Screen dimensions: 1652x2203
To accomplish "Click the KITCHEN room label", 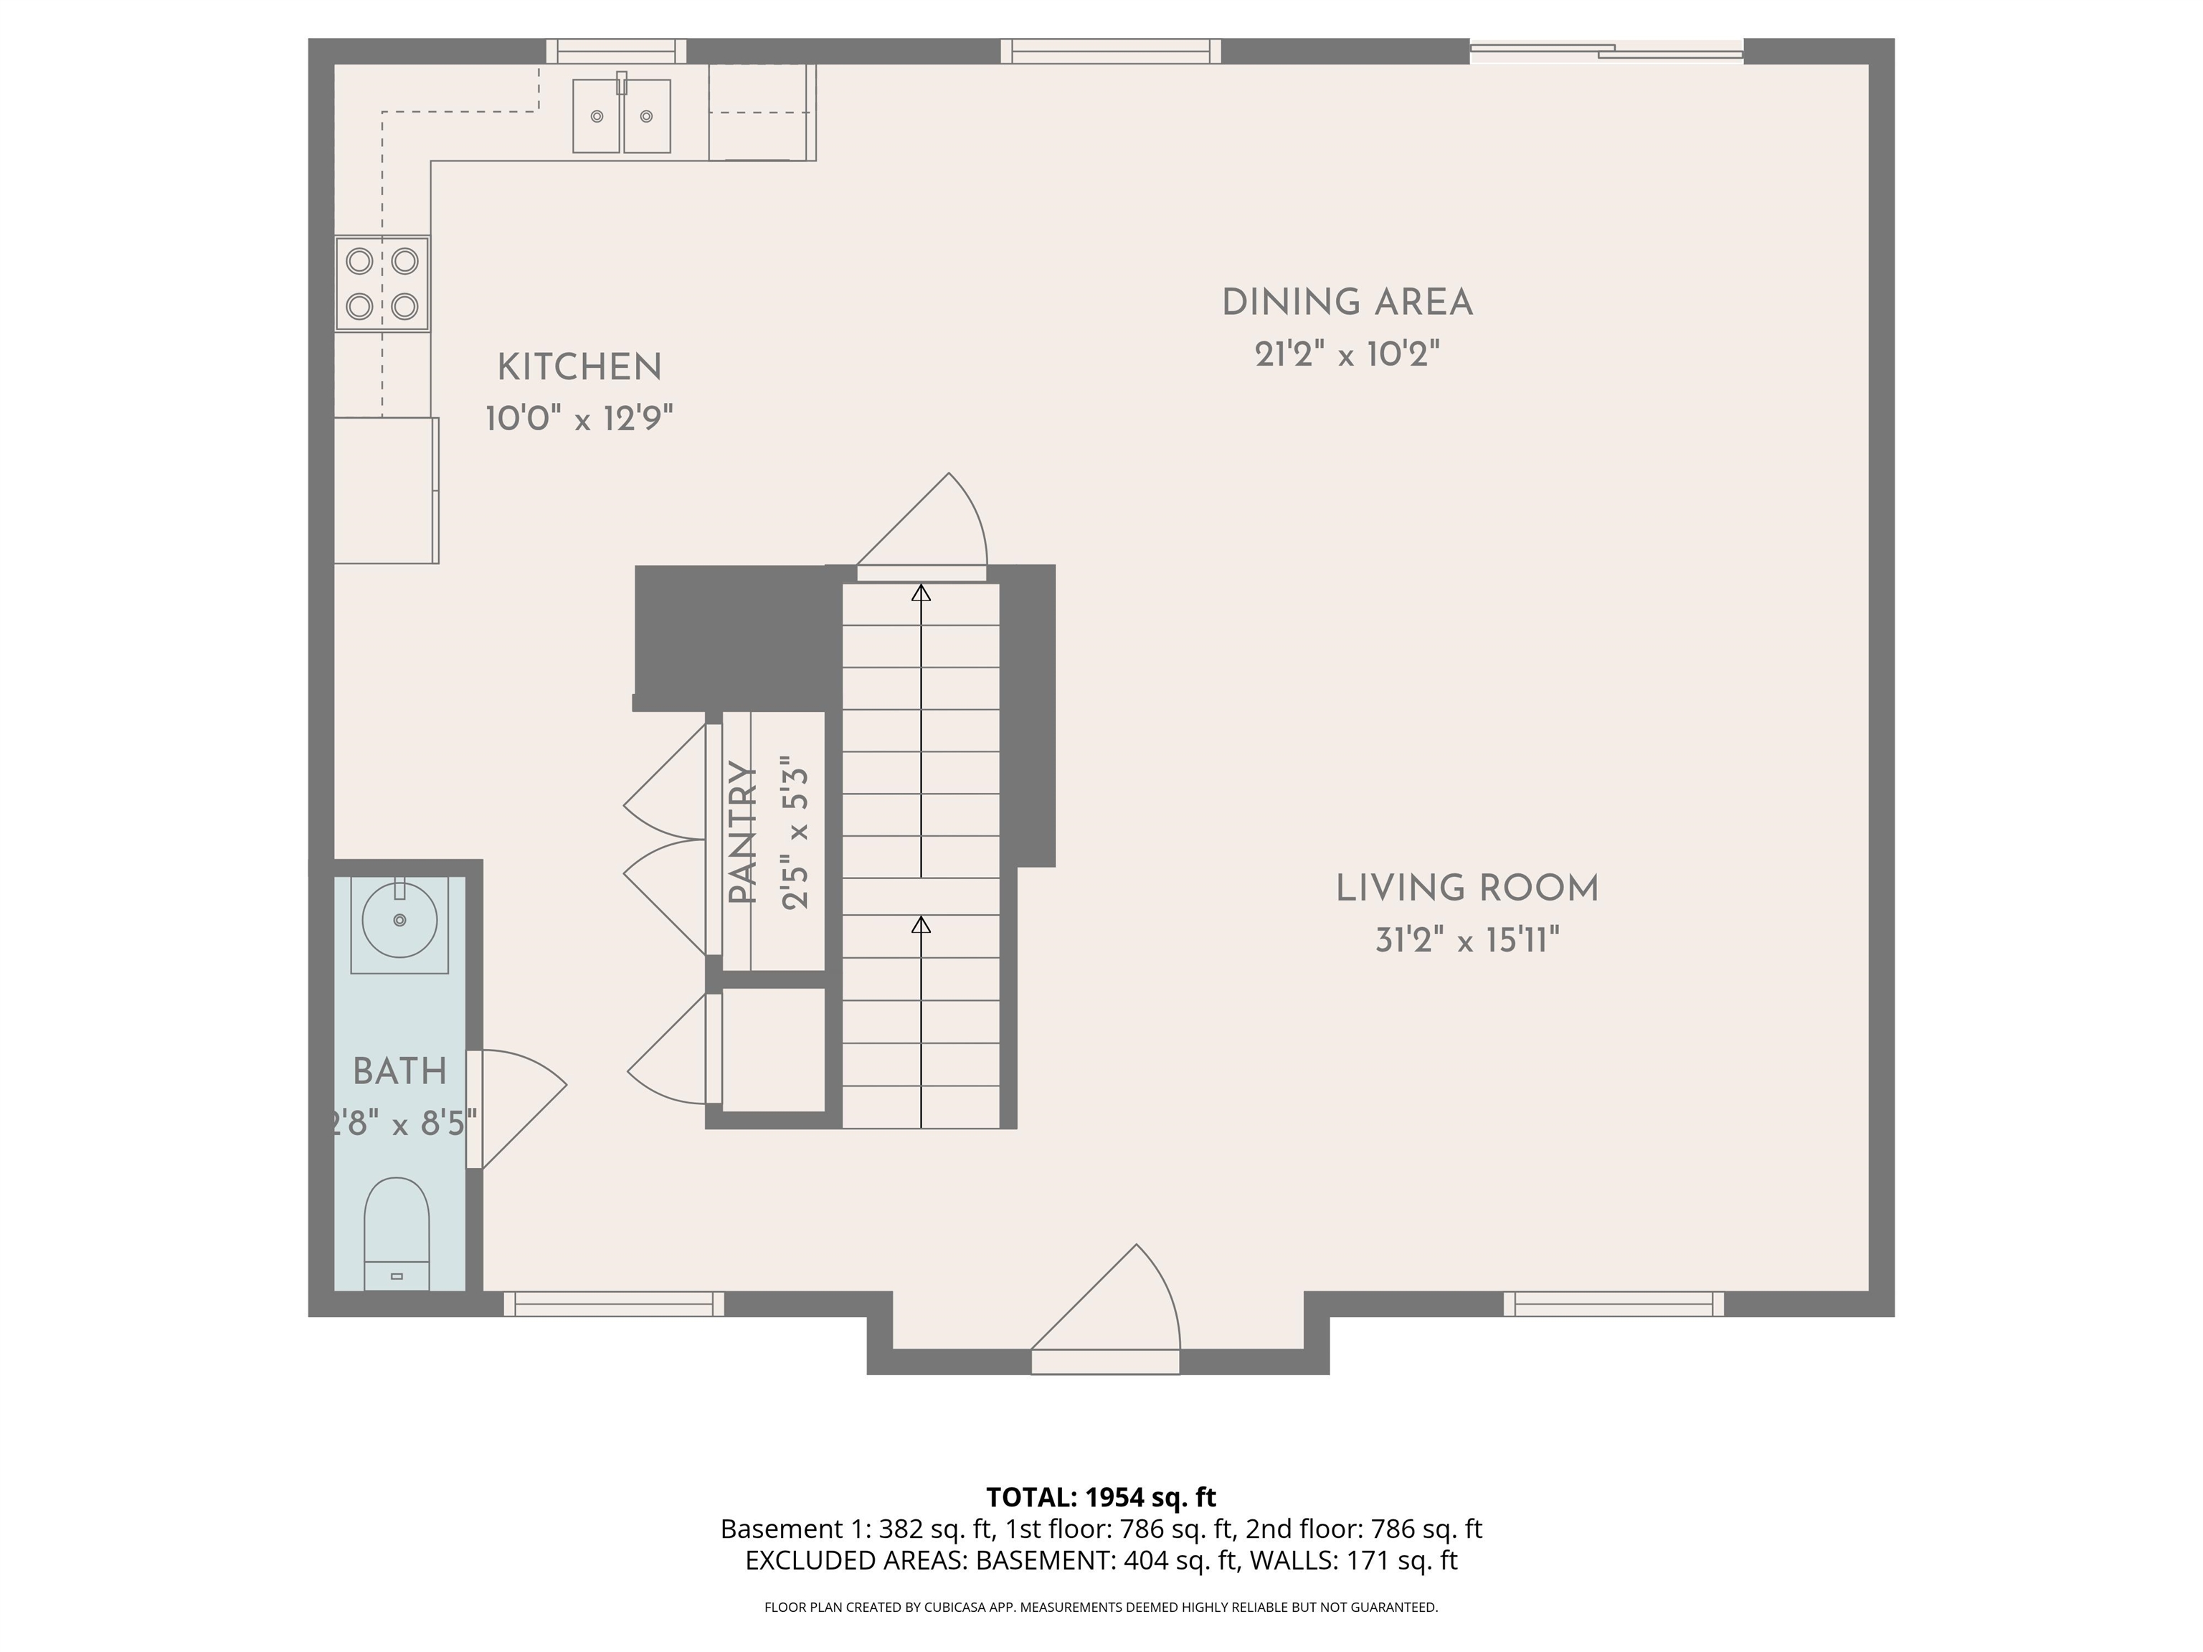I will coord(579,367).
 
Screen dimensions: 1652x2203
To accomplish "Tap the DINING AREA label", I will coord(1347,303).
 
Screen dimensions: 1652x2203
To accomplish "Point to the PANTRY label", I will coord(742,832).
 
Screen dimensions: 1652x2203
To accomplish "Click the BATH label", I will coord(399,1071).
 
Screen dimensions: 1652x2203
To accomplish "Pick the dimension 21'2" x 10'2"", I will coord(1347,354).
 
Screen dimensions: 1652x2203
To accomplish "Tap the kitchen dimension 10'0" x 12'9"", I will coord(579,418).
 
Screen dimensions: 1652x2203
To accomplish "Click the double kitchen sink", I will coord(622,116).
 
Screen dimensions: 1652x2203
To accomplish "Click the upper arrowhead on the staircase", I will coord(922,594).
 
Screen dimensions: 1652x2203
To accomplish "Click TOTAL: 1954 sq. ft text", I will coord(1101,1496).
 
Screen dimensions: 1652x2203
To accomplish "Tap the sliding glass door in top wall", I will coord(1606,51).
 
